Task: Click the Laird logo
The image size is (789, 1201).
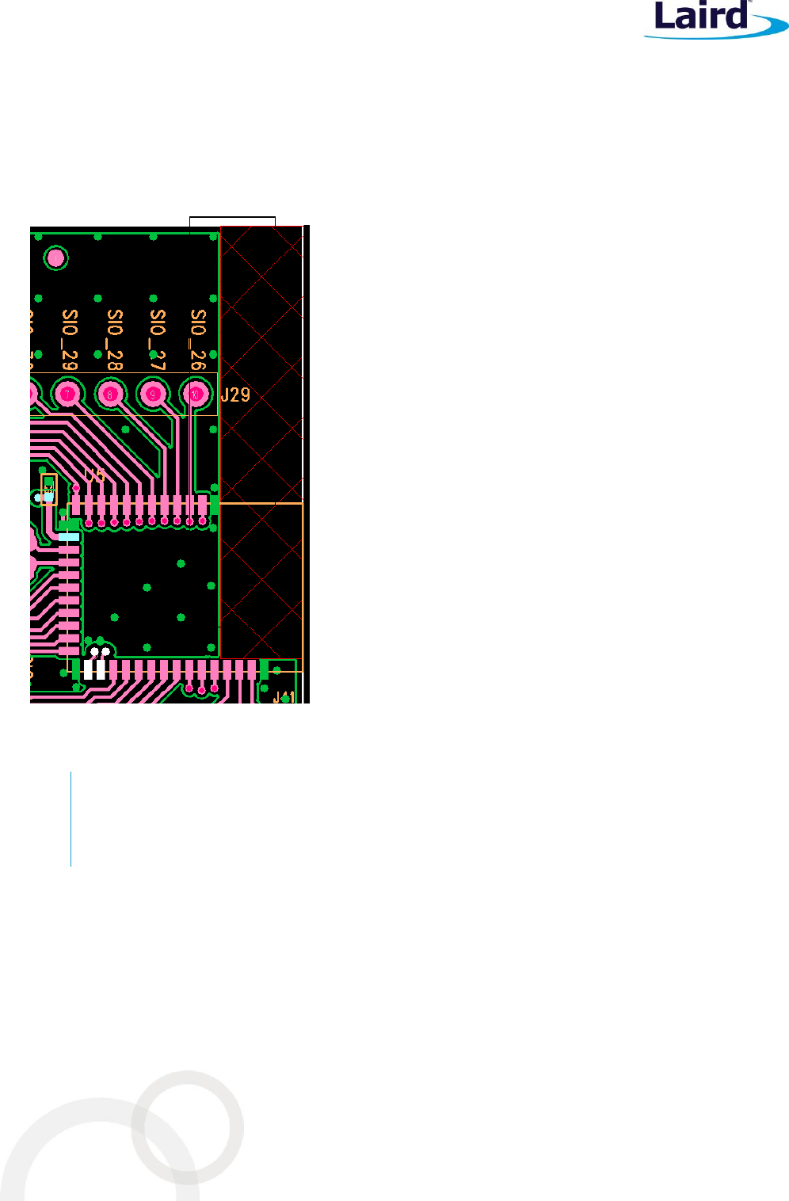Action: pos(708,19)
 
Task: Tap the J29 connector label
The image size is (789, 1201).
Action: pos(235,395)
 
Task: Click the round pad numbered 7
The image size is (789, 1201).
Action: pos(69,393)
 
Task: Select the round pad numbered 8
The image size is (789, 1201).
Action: pos(111,393)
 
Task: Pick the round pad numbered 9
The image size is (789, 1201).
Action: pos(153,393)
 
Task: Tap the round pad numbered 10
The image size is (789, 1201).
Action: pos(196,393)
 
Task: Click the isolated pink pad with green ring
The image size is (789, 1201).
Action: pos(55,257)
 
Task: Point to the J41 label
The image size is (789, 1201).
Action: pos(284,697)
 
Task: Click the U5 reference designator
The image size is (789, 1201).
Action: pos(94,475)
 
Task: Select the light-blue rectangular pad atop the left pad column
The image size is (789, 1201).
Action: pos(69,537)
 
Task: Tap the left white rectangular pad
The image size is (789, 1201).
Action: pos(89,670)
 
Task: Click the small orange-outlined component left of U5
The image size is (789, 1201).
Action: pos(49,488)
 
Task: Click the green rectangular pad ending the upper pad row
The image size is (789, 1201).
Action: pos(214,505)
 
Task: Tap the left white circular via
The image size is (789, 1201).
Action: pos(94,652)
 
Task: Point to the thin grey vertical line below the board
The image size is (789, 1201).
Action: pos(71,818)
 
